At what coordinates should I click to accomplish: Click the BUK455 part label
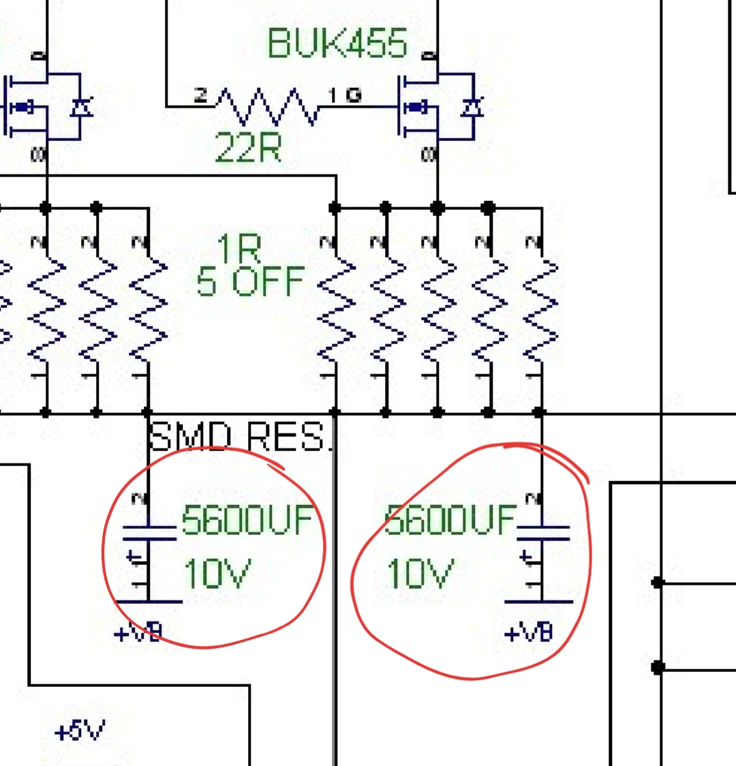(337, 44)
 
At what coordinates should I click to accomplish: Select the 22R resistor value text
(248, 147)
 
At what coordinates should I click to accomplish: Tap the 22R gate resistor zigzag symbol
(266, 106)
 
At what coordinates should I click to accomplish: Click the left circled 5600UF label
(248, 521)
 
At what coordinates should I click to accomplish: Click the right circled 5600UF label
(450, 521)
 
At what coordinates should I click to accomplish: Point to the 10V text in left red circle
(217, 573)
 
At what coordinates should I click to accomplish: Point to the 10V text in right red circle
(418, 573)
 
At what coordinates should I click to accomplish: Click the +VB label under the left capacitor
(138, 634)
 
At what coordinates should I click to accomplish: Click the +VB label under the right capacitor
(529, 634)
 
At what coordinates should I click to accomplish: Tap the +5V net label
(80, 732)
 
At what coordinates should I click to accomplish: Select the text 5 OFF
(250, 281)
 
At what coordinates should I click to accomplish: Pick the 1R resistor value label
(239, 249)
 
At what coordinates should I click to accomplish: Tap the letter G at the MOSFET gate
(353, 95)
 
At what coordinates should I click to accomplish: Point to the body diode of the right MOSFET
(471, 107)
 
